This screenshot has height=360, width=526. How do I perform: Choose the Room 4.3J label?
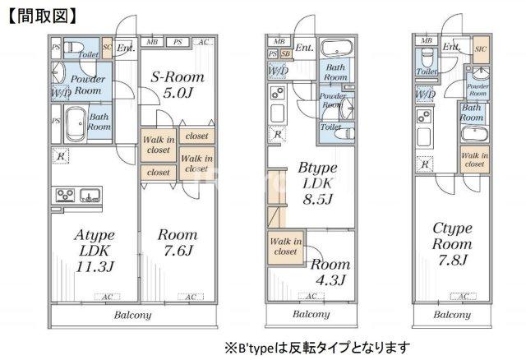[x=330, y=272]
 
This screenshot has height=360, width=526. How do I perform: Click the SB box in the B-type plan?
[x=285, y=54]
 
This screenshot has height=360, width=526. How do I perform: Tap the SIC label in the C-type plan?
[x=480, y=49]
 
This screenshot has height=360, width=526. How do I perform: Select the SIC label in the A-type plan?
[x=107, y=43]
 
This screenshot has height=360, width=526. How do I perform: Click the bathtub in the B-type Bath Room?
[x=336, y=47]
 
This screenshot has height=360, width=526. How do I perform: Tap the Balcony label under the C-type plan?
[x=452, y=315]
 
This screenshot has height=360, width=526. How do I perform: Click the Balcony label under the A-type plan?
[x=132, y=315]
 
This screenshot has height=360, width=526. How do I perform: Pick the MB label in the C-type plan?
[x=426, y=40]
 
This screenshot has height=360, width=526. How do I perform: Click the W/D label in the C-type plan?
[x=425, y=95]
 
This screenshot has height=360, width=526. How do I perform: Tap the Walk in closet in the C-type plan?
[x=474, y=159]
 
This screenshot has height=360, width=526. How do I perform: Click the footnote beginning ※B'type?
[x=316, y=346]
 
